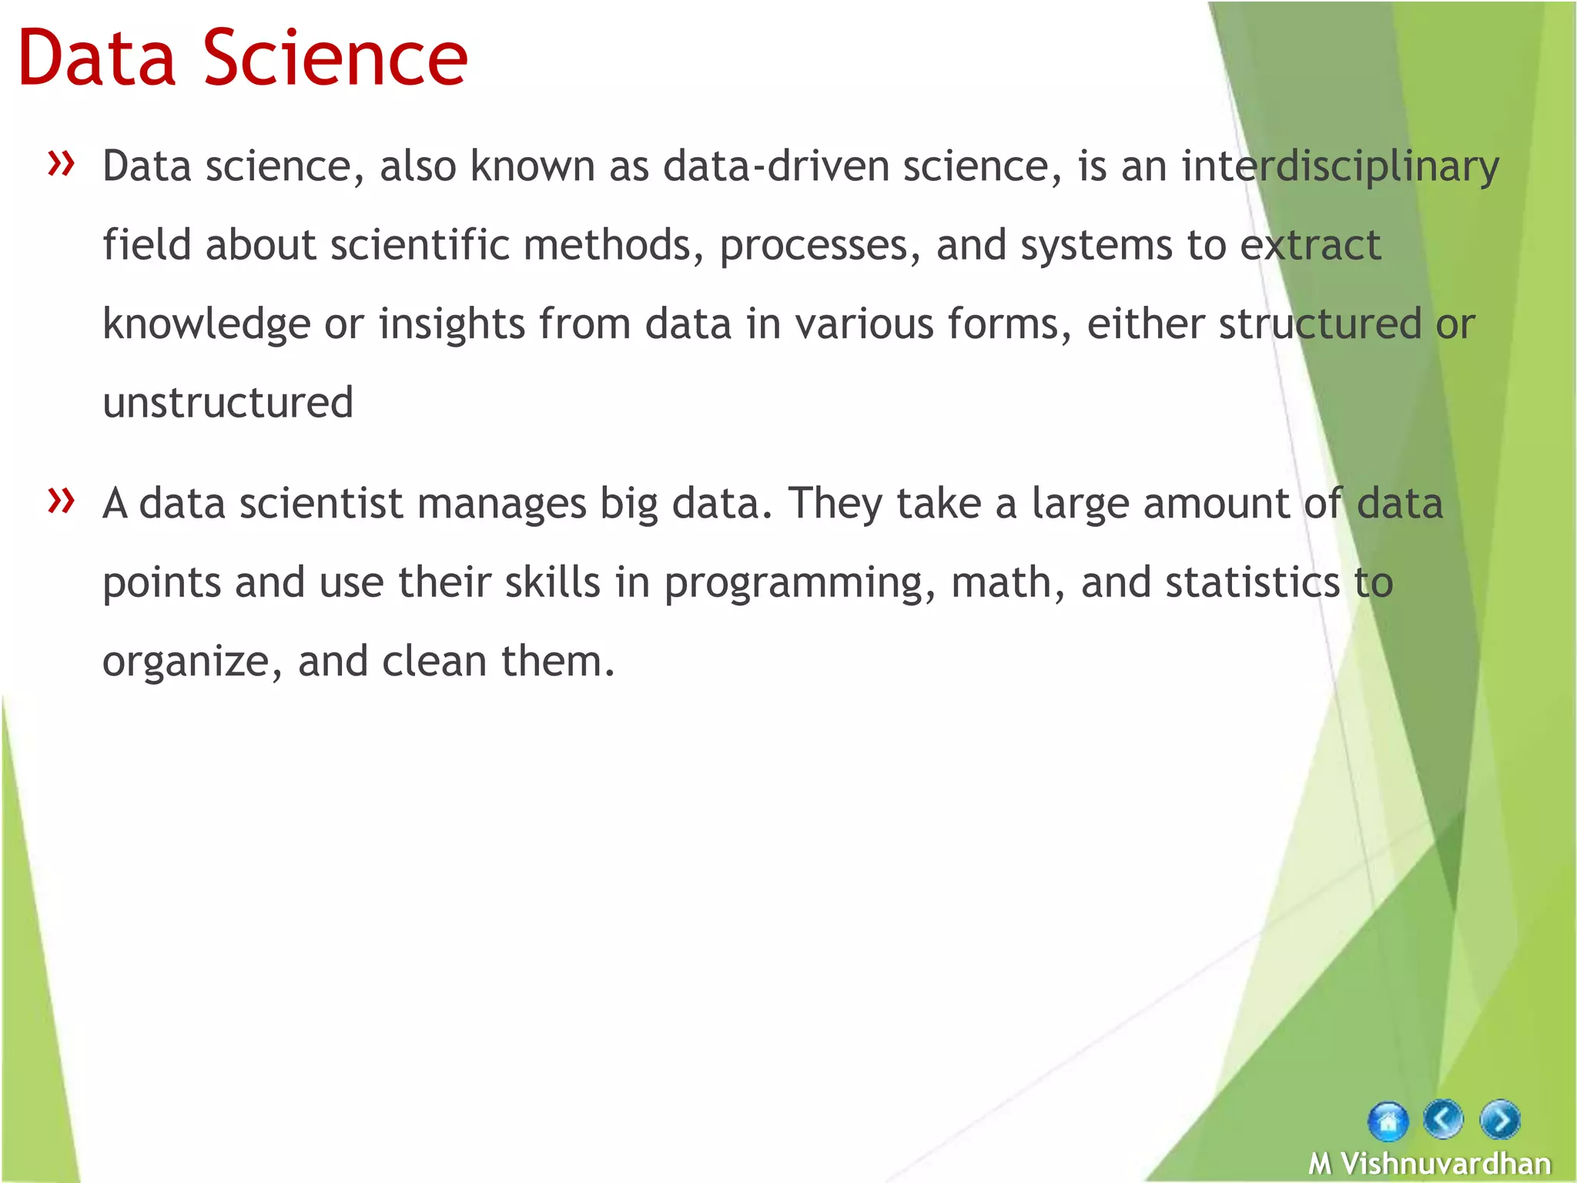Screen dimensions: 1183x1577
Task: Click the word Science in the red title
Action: pos(336,59)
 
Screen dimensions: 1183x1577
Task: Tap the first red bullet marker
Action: pos(61,163)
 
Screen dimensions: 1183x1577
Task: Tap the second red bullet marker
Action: pos(61,500)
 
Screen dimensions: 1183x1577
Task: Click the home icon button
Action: pos(1388,1121)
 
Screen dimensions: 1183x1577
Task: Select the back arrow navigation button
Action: pos(1443,1119)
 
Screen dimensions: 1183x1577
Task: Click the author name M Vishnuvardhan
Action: pos(1429,1163)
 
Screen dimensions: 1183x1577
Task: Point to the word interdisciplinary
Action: pos(1340,167)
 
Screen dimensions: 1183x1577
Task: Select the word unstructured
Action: pos(228,403)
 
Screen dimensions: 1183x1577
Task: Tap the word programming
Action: pos(794,584)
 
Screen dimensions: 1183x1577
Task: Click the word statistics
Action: pos(1253,582)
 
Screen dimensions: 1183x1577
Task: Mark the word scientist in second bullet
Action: pos(321,504)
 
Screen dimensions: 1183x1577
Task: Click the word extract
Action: pos(1311,246)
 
